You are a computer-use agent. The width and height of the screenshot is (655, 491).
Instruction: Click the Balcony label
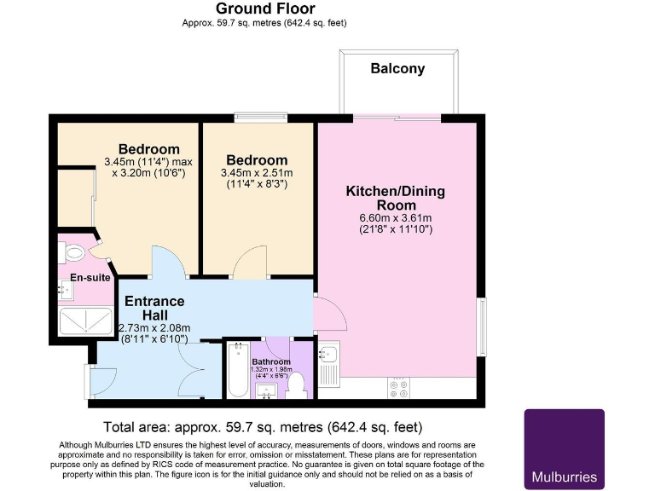click(397, 68)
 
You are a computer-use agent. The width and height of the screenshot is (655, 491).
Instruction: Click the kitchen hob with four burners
click(398, 388)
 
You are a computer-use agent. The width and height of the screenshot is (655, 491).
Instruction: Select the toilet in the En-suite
click(72, 251)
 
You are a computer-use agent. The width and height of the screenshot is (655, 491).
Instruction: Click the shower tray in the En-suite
click(85, 321)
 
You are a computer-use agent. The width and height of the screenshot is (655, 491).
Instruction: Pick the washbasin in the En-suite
click(66, 291)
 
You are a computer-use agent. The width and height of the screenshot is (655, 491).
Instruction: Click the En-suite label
click(85, 276)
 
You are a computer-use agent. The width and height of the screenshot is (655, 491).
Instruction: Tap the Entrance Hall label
click(154, 308)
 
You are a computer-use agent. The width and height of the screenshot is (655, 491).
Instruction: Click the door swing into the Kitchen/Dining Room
click(331, 315)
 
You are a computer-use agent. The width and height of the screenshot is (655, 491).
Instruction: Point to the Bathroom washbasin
click(267, 391)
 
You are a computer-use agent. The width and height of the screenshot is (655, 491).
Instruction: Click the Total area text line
click(263, 426)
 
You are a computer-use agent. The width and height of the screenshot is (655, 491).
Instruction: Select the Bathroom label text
click(271, 361)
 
